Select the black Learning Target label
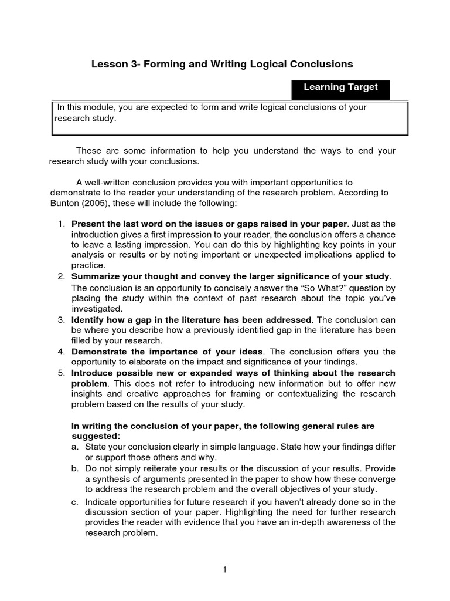click(340, 87)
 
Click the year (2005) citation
click(97, 202)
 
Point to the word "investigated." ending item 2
click(97, 309)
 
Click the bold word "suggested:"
click(96, 437)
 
